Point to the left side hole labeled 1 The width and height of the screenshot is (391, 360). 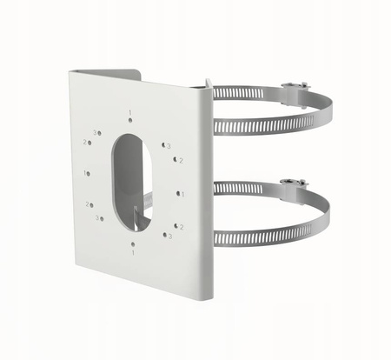[x=92, y=173]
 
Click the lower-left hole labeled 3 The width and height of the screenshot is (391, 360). [x=103, y=217]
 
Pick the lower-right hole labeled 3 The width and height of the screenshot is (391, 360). [x=164, y=234]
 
